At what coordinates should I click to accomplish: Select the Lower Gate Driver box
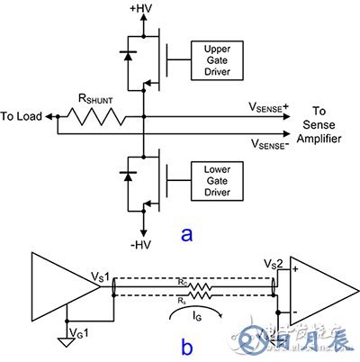[212, 174]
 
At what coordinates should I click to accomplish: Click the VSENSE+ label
[271, 106]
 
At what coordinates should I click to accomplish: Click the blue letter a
[187, 235]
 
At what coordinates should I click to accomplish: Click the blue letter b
[187, 346]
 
